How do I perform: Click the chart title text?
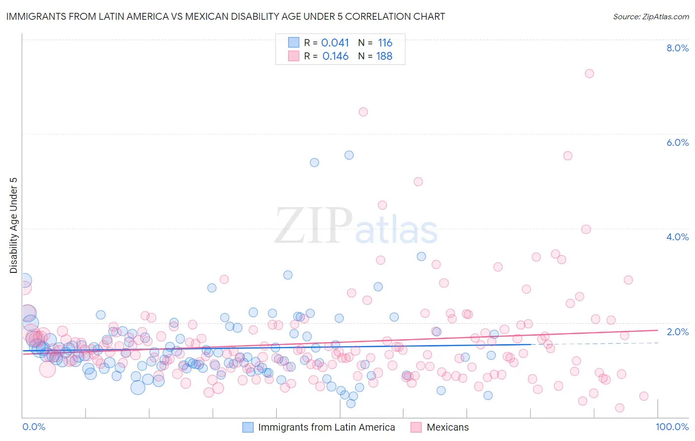225,16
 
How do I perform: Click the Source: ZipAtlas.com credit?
651,16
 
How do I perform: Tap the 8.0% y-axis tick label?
677,48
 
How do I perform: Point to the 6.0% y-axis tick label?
677,142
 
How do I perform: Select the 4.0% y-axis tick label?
677,237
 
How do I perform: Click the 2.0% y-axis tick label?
677,332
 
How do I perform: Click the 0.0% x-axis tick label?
34,427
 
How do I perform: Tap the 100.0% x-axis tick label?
672,427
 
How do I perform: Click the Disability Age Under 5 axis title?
14,225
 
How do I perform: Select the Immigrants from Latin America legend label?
326,427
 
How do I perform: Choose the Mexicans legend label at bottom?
447,427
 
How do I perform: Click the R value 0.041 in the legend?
335,43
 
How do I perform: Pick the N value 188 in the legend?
384,56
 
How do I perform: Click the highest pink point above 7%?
589,74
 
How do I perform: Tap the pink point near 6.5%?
363,112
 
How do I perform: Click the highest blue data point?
349,155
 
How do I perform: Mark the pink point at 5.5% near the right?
567,156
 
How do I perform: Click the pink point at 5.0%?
418,181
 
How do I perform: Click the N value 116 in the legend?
385,43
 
